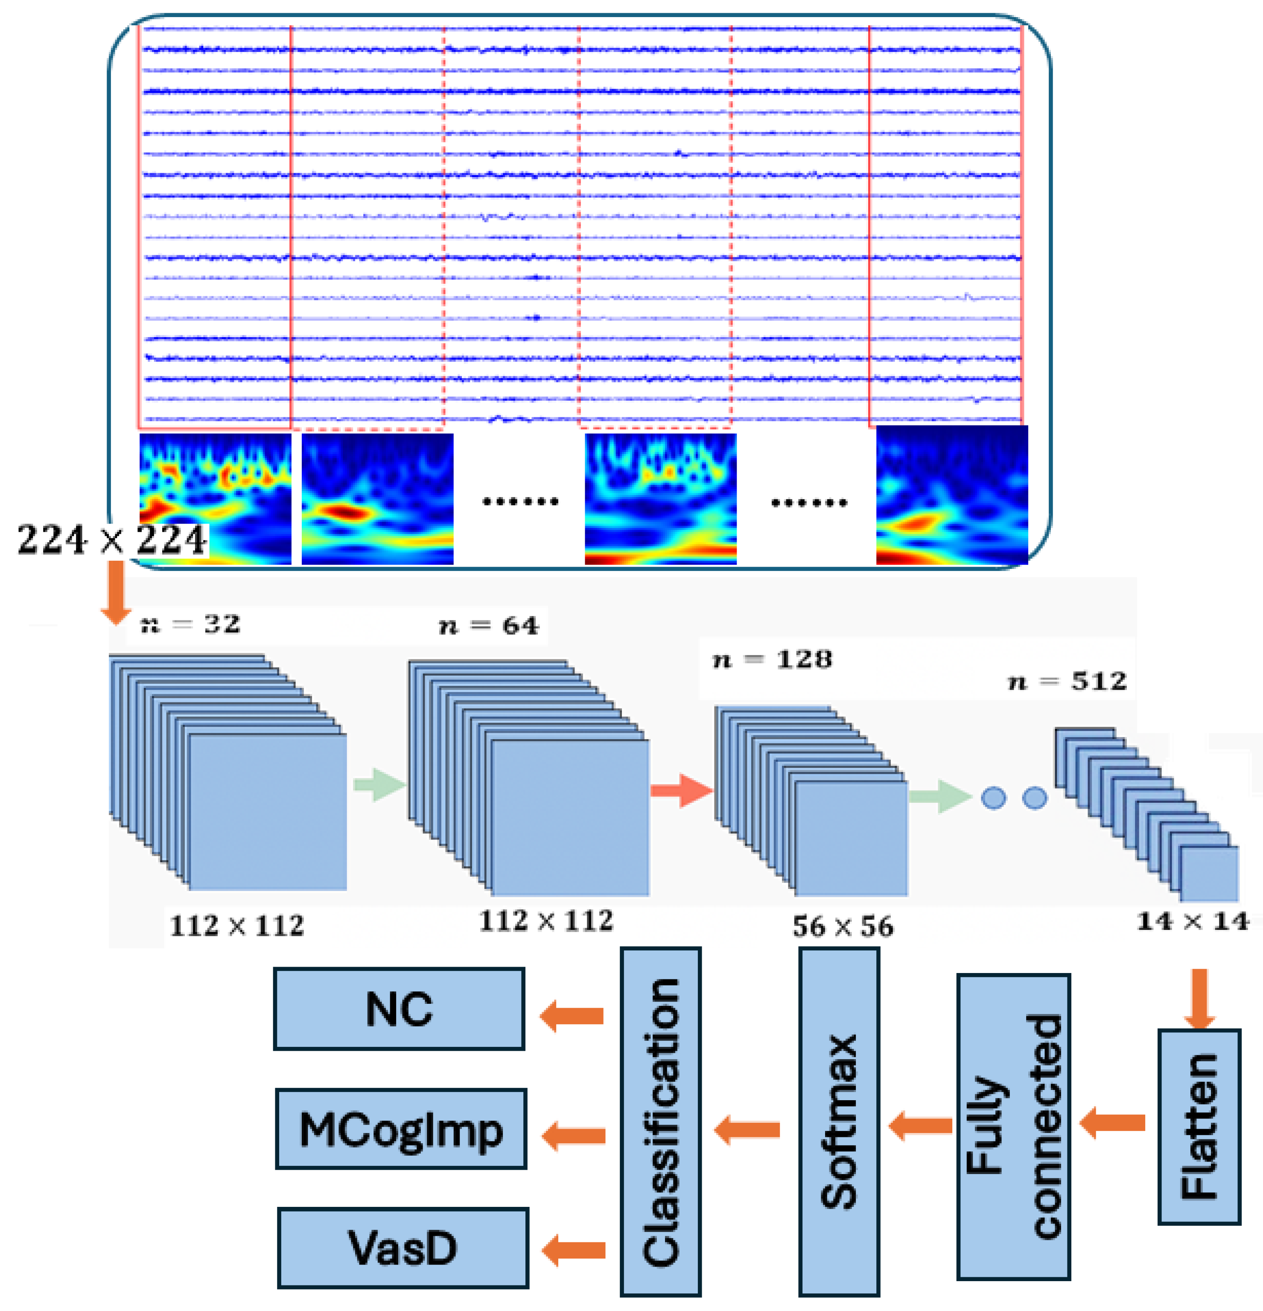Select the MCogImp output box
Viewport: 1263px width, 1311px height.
tap(401, 1130)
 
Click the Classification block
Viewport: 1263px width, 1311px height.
tap(660, 1122)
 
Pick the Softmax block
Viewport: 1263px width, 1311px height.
tap(839, 1122)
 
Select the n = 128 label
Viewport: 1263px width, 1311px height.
tap(772, 660)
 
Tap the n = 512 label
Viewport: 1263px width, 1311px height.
tap(1067, 682)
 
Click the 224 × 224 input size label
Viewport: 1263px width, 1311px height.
tap(112, 540)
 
